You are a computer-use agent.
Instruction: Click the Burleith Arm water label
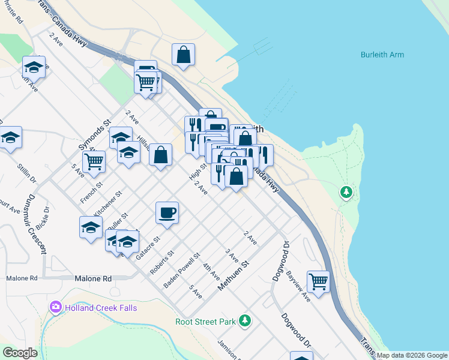pos(382,55)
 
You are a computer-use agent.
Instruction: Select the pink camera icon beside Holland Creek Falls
pos(56,308)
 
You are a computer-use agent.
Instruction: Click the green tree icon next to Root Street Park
pos(244,321)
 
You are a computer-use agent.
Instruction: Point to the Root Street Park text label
pos(205,322)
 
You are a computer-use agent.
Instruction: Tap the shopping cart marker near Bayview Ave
pos(318,281)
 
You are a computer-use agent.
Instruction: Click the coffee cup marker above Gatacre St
pos(167,212)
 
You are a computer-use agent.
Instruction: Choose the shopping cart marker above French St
pos(94,161)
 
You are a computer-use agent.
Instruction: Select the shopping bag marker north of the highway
pos(184,54)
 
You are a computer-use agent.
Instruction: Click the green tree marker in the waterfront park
pos(346,193)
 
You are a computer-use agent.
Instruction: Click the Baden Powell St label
pos(182,269)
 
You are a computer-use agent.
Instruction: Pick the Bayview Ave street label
pos(298,286)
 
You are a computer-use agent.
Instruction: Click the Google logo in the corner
pos(20,353)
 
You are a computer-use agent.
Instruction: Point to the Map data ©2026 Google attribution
pos(412,356)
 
